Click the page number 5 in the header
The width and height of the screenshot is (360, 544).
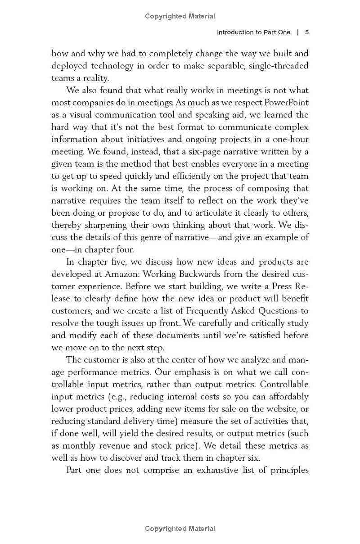pyautogui.click(x=306, y=32)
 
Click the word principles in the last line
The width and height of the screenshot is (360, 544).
pyautogui.click(x=288, y=471)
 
